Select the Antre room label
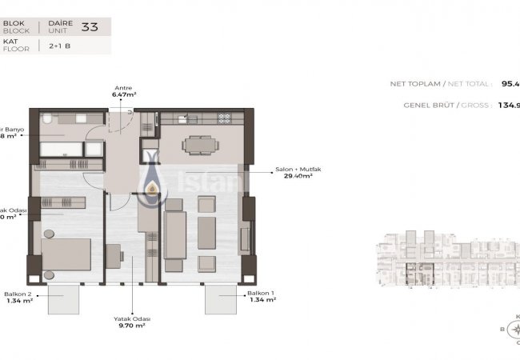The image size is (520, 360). pyautogui.click(x=123, y=88)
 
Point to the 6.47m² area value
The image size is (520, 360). pyautogui.click(x=123, y=94)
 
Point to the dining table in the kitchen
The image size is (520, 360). pyautogui.click(x=196, y=145)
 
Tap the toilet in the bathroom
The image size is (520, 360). pyautogui.click(x=48, y=120)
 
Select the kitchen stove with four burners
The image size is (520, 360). pyautogui.click(x=225, y=118)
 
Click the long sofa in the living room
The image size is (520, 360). pyautogui.click(x=174, y=232)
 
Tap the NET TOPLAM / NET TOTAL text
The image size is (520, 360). pyautogui.click(x=441, y=83)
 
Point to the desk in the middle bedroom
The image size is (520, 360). pyautogui.click(x=112, y=256)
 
